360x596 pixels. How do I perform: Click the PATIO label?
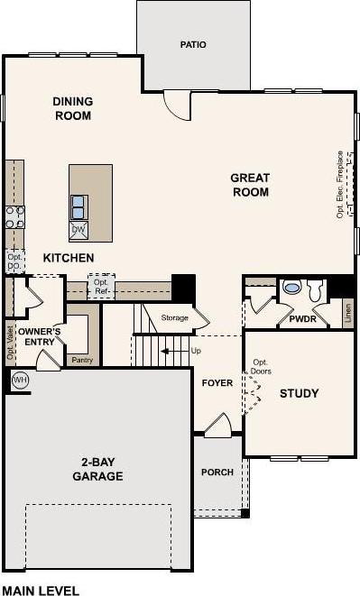coord(193,44)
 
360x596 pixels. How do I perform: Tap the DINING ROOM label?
coord(73,108)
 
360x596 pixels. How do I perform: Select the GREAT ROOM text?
coord(251,185)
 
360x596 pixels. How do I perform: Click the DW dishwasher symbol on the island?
coord(78,230)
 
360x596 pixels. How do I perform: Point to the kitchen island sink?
coord(78,207)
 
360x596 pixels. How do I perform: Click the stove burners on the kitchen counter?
coord(14,216)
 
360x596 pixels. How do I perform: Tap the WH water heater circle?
coord(20,380)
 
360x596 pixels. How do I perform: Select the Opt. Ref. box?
coord(101,287)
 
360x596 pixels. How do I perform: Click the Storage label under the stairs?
coord(175,317)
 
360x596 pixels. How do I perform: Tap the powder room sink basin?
coord(292,288)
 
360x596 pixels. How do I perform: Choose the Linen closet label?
coord(347,314)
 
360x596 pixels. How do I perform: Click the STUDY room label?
coord(300,393)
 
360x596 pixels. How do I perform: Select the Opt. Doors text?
coord(261,367)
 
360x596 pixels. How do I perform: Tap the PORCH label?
coord(217,472)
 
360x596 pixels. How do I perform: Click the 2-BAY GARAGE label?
coord(97,469)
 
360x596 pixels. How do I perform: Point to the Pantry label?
coord(83,360)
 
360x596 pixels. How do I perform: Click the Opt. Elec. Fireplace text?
coord(340,184)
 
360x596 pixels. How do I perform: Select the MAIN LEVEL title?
coord(41,591)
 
